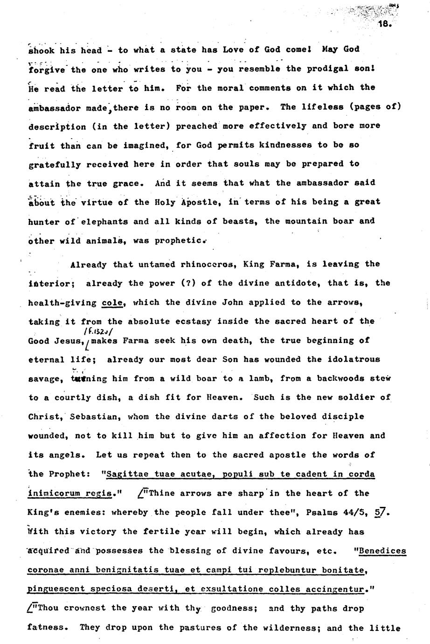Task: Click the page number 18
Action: click(385, 24)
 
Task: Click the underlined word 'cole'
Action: click(112, 302)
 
